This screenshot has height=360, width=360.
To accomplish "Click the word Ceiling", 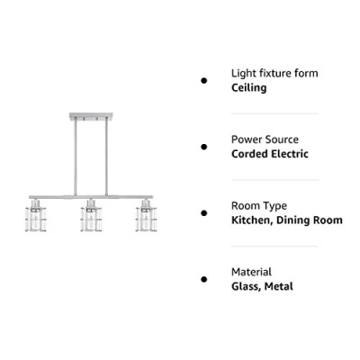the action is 248,88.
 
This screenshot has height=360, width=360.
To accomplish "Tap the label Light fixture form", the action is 274,74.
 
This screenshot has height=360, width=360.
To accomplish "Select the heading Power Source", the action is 265,139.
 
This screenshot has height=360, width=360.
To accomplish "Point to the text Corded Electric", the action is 270,154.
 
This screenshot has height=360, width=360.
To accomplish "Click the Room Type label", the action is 259,206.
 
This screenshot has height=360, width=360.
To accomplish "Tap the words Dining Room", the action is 310,220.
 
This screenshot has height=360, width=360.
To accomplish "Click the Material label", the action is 251,272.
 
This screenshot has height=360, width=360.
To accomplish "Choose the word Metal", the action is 279,286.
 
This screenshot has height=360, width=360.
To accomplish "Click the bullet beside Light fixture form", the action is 204,80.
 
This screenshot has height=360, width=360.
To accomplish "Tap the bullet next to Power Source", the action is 204,147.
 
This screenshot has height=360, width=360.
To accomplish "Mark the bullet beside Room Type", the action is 204,213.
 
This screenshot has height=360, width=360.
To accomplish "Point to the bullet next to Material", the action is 204,279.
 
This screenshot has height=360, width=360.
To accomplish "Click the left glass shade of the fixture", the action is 36,219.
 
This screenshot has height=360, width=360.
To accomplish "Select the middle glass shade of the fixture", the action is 91,219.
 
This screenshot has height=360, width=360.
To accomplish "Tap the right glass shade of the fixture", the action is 146,219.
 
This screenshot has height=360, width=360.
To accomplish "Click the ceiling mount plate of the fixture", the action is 91,116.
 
